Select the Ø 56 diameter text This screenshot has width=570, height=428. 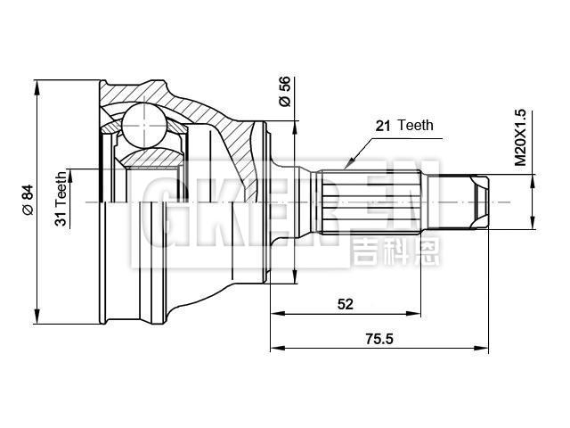click(285, 91)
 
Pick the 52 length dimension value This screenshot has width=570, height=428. click(346, 304)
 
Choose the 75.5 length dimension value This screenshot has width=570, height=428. click(379, 338)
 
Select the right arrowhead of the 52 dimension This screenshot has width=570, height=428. click(416, 313)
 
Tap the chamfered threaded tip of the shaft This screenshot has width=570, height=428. click(479, 202)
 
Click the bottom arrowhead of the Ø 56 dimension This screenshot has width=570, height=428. click(295, 279)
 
